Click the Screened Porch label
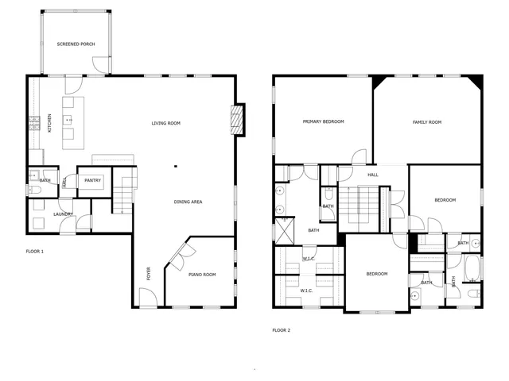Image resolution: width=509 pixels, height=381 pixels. coord(76,44)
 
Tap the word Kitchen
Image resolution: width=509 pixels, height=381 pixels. coord(49,124)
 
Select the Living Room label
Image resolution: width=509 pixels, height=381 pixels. coord(166,123)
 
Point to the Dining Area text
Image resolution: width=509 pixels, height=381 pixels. coord(188,202)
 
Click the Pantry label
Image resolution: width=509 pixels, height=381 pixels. coord(92,180)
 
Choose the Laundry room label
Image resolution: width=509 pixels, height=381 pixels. coord(64,214)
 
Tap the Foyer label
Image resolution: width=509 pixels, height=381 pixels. coord(149,274)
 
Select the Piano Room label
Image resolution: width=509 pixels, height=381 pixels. coord(202,275)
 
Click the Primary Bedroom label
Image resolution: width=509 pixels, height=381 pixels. coord(323,121)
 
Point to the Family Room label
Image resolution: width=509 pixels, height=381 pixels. coord(426,122)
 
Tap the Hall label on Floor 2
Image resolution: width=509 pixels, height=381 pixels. coord(373,175)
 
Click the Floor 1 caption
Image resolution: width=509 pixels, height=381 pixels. coord(35,252)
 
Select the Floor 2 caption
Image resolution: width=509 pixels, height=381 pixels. coord(282,329)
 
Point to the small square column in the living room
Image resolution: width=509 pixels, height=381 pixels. coord(176,167)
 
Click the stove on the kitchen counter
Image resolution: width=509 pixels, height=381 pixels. coord(34,122)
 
